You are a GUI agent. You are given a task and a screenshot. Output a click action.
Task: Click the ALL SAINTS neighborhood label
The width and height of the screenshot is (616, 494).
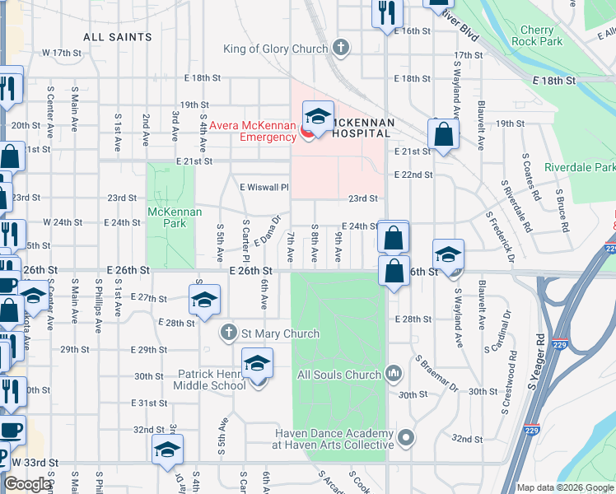coord(118,37)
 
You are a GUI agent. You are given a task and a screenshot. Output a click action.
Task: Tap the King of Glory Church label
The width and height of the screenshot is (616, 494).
coord(275,49)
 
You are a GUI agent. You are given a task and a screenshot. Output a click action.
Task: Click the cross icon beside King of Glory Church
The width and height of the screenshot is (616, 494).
coord(339,49)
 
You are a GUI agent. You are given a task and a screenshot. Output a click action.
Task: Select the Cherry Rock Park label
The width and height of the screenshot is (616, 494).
coord(536,36)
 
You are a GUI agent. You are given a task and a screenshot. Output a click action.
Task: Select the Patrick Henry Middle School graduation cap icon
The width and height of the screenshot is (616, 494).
coord(258,362)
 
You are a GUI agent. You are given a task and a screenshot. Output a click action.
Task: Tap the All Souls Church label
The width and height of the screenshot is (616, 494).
coord(338,375)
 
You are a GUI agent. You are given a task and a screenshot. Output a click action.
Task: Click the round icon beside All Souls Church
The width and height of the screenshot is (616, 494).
coord(394,375)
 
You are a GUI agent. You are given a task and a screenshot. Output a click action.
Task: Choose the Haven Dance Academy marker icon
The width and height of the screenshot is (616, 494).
coord(404,437)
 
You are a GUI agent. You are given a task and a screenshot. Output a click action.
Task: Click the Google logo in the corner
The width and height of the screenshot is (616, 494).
coord(28,484)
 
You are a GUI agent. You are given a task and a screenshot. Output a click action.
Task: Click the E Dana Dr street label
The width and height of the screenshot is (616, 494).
coord(272,229)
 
